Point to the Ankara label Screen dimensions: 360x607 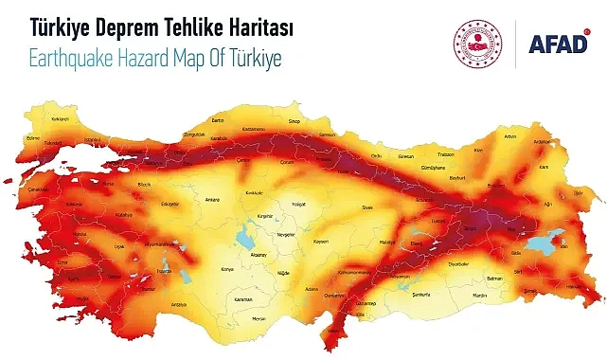[213, 200]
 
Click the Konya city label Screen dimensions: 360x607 [225, 268]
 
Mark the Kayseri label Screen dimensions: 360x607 [320, 241]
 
